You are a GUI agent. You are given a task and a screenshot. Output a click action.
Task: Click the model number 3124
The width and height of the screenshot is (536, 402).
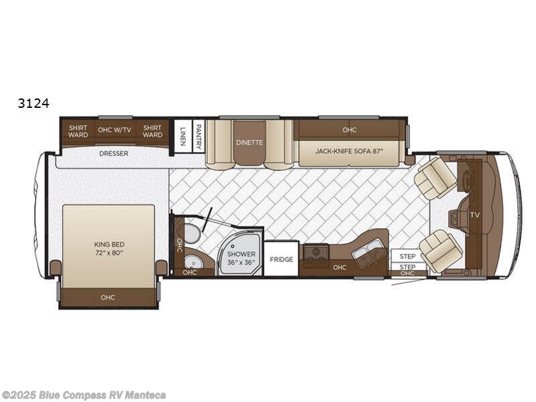[x=34, y=103]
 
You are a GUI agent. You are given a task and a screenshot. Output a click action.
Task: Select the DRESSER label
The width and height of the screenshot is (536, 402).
[x=113, y=153]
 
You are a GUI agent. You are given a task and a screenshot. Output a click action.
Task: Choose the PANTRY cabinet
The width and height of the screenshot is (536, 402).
[x=198, y=134]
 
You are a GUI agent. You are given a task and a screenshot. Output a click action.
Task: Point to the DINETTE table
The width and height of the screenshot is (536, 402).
[x=249, y=143]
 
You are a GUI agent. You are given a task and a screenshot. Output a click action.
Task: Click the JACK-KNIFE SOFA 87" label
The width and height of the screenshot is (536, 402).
[x=349, y=151]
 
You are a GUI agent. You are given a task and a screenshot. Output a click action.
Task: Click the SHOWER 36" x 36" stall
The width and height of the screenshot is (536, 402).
[x=241, y=258]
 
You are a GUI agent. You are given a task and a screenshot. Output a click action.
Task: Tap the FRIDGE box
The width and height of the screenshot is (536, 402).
[x=281, y=259]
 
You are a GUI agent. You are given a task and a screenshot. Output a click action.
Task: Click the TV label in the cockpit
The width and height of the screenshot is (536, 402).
[x=474, y=215]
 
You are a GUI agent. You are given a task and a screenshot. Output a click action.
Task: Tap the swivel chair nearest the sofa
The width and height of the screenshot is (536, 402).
[x=435, y=178]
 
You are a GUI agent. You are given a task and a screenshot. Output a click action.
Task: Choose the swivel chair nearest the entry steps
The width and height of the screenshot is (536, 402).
[x=440, y=250]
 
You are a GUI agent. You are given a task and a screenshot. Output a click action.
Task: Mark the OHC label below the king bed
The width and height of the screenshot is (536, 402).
[x=108, y=297]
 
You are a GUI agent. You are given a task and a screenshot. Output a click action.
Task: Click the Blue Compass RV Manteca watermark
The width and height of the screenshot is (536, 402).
[x=84, y=394]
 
